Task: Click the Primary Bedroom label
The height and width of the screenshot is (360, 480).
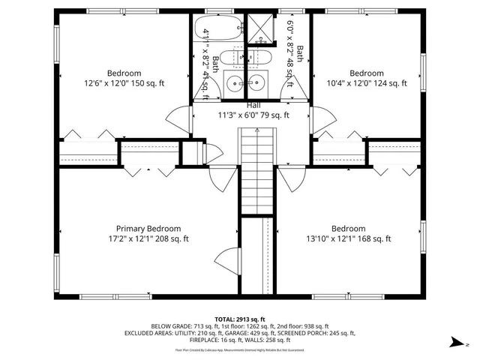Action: [x=148, y=229]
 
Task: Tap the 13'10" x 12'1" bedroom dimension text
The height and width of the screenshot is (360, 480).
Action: [x=348, y=239]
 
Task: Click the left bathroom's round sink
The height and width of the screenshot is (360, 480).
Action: [x=235, y=83]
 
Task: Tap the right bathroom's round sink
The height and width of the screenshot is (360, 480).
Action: [x=257, y=83]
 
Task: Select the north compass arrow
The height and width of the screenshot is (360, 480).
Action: [x=455, y=342]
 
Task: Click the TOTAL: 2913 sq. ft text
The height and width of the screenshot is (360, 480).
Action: [x=240, y=319]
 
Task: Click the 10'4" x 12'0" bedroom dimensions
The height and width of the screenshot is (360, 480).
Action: [x=367, y=84]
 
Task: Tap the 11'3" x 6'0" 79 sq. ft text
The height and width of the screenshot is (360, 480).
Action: [x=253, y=115]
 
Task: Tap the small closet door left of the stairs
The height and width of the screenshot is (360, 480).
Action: [x=212, y=153]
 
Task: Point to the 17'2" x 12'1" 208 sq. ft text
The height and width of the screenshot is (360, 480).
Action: [x=147, y=239]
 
